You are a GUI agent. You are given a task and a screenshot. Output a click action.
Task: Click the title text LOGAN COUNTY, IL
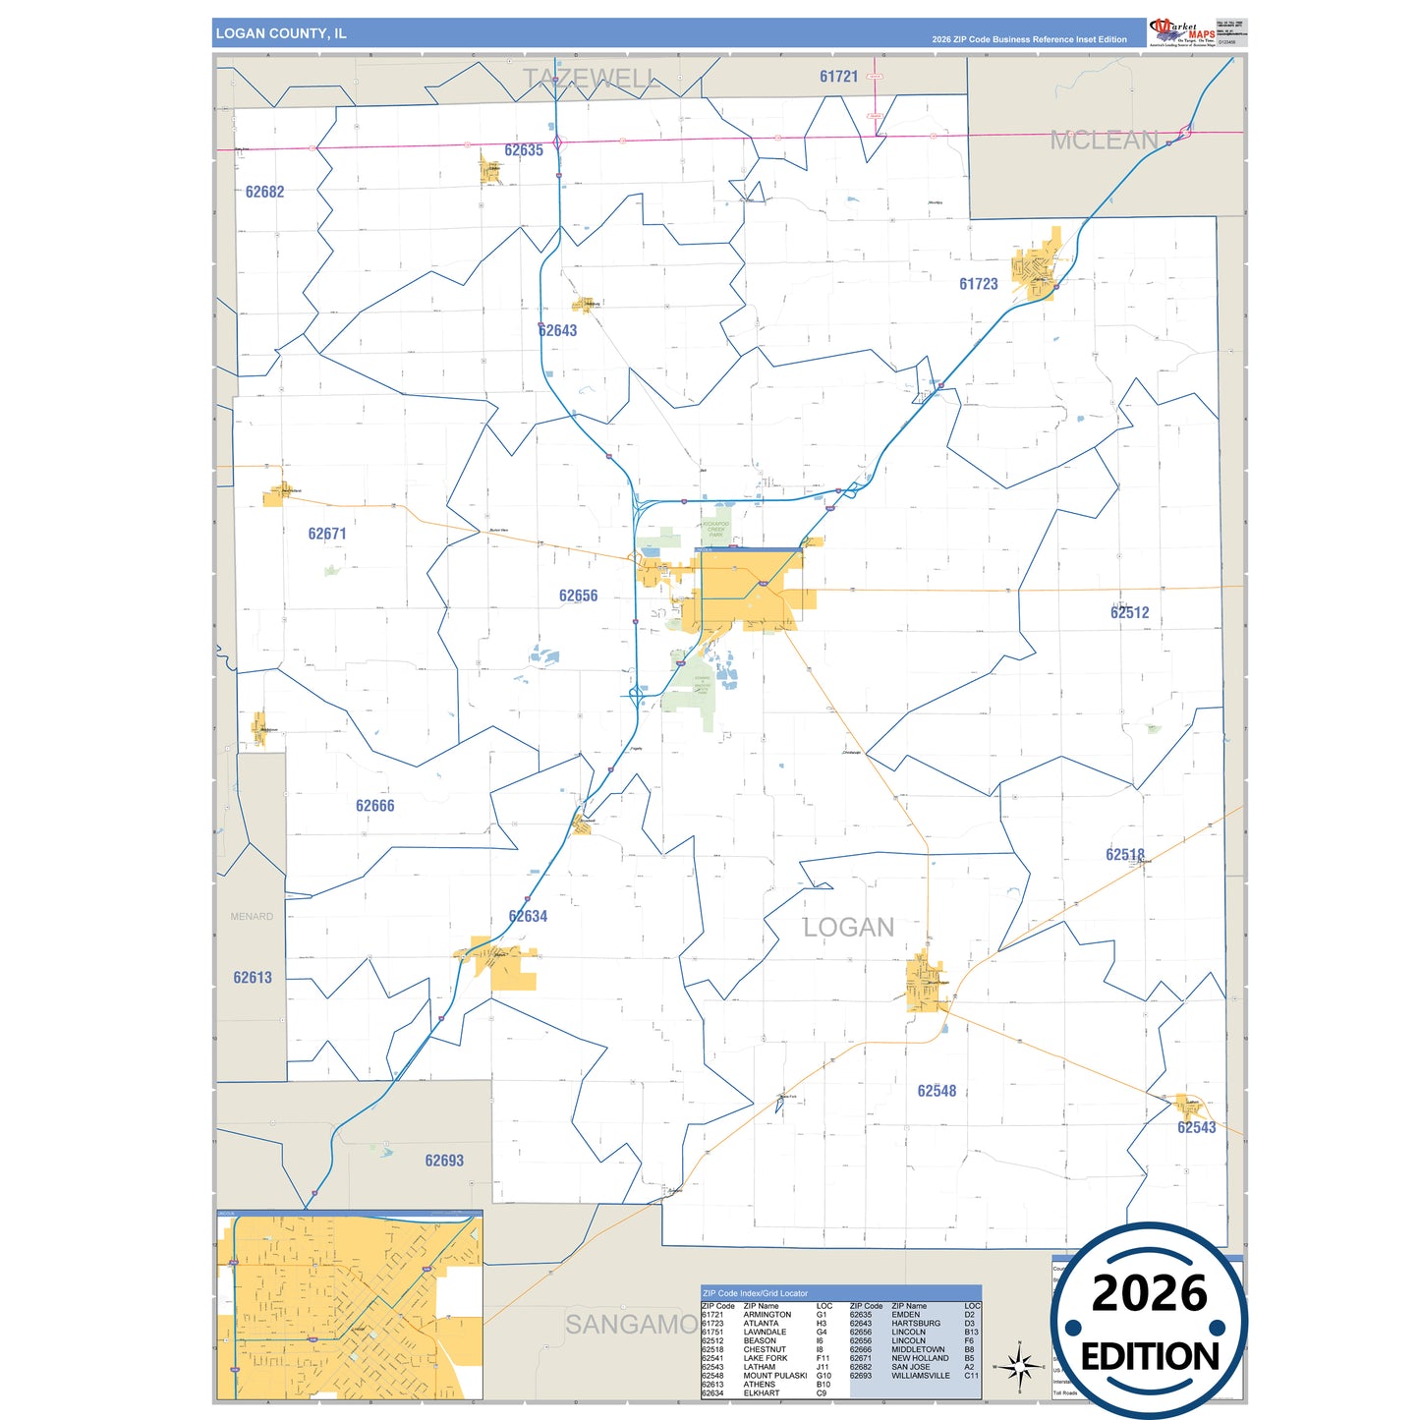tap(281, 33)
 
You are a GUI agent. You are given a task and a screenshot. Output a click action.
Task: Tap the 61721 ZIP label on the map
tap(838, 77)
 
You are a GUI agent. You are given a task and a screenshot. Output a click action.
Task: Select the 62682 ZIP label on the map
tap(264, 193)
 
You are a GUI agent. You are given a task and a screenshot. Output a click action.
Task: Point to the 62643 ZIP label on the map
tap(557, 331)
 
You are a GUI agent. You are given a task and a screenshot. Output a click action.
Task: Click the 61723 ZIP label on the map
tap(978, 284)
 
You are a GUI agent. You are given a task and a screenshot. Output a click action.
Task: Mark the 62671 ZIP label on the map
tap(327, 535)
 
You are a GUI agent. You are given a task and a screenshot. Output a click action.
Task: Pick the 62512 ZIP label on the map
tap(1129, 613)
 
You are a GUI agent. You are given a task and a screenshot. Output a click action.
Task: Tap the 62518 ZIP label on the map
tap(1124, 855)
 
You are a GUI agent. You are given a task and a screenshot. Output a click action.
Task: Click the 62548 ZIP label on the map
tap(937, 1091)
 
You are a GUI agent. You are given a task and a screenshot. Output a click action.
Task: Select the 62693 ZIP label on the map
tap(444, 1161)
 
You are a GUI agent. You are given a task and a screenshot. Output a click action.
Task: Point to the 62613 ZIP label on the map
tap(253, 978)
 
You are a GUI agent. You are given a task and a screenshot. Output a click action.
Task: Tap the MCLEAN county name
tap(1104, 141)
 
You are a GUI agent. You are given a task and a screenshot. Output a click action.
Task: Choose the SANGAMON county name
tap(632, 1325)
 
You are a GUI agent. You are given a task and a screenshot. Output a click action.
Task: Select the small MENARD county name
tap(252, 917)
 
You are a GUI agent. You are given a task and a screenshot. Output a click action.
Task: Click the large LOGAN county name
tap(848, 928)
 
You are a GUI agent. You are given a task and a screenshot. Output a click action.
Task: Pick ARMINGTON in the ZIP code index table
tap(767, 1315)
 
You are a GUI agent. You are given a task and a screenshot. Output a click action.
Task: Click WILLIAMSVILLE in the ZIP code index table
tap(920, 1376)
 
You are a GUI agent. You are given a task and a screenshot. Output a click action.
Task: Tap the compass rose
tap(1020, 1366)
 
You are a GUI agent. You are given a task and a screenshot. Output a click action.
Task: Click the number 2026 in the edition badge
tap(1149, 1293)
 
